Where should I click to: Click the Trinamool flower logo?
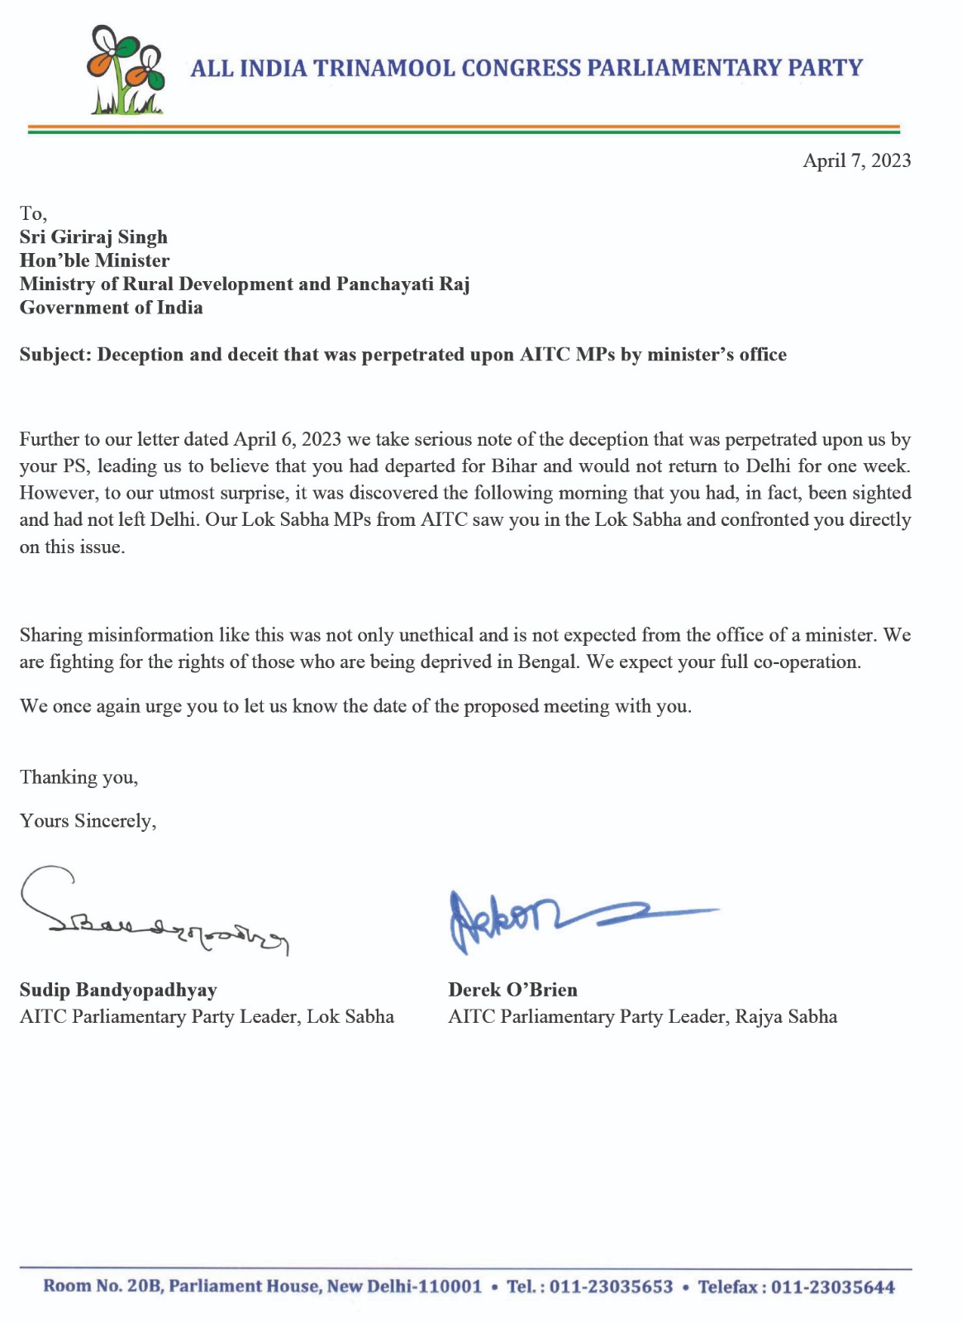tap(125, 70)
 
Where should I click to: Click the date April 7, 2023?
tap(856, 160)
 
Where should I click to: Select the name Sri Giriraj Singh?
tap(93, 237)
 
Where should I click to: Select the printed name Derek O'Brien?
tap(512, 990)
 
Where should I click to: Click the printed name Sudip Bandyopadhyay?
tap(118, 990)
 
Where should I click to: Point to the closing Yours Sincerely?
tap(88, 821)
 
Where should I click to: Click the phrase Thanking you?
tap(79, 777)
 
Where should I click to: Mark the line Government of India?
tap(111, 308)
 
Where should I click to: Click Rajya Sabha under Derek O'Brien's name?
tap(786, 1016)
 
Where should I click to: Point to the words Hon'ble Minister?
tap(94, 260)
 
